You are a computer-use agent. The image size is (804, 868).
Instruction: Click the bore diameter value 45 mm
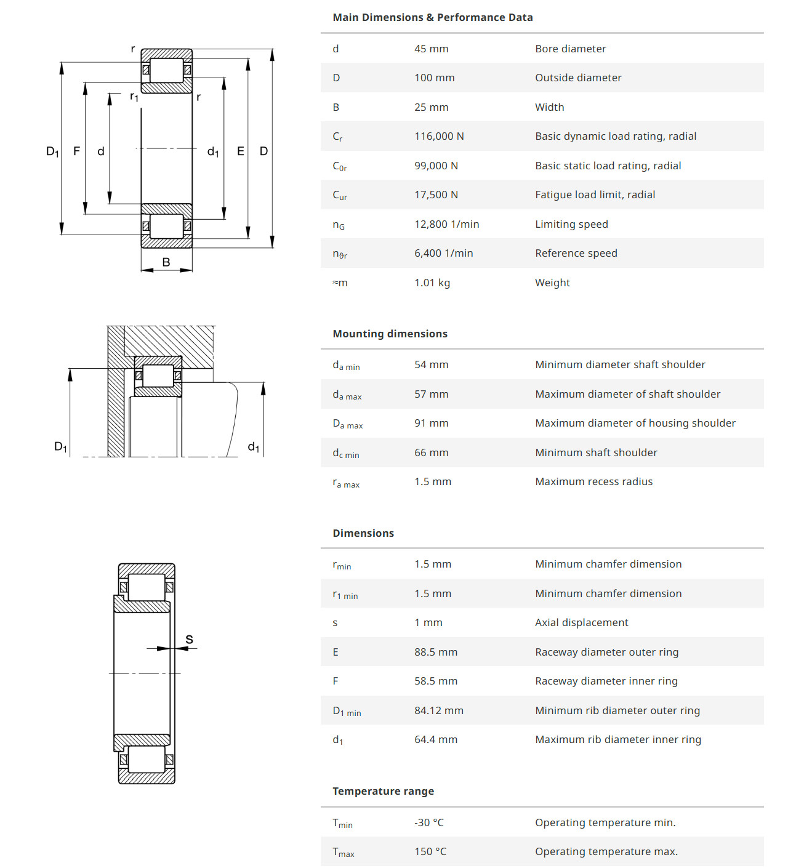[431, 49]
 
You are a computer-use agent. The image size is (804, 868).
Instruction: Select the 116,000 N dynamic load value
[439, 136]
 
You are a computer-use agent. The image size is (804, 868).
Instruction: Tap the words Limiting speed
[571, 224]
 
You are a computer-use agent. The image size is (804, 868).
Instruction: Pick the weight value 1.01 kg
[432, 283]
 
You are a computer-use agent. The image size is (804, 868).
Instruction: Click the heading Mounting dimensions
[390, 334]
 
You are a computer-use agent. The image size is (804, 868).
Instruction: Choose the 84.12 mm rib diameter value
[438, 710]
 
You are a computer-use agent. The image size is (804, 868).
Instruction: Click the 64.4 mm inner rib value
[435, 739]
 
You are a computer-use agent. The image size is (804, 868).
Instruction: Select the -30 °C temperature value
[428, 822]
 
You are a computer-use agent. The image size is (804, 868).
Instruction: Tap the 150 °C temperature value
[430, 851]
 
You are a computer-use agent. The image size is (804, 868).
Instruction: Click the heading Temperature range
[383, 791]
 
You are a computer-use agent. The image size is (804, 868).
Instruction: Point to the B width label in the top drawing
[166, 262]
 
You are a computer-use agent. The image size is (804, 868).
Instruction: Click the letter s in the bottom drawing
[189, 640]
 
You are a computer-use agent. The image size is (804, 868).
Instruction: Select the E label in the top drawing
[240, 151]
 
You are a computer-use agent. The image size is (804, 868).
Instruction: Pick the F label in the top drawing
[76, 151]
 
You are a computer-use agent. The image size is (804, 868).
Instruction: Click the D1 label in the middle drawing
[60, 447]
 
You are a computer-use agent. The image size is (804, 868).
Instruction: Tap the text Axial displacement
[581, 622]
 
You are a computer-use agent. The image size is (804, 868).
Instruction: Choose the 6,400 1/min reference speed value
[443, 253]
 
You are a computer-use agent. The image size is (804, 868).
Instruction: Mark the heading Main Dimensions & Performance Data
[432, 17]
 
